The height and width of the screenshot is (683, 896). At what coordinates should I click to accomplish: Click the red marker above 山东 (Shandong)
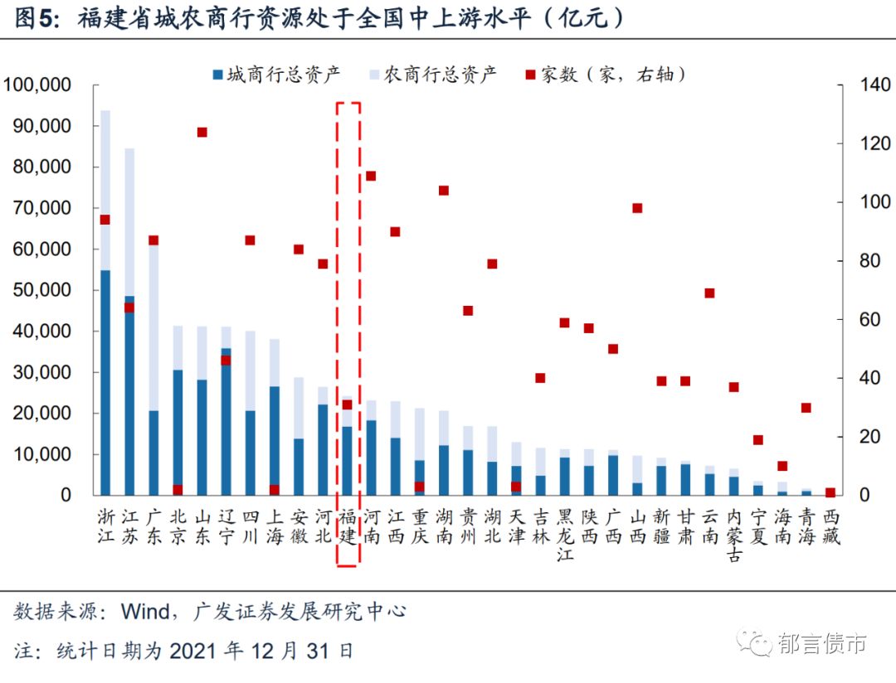coord(202,132)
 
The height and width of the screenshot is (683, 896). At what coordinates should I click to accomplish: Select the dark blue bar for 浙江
coord(105,381)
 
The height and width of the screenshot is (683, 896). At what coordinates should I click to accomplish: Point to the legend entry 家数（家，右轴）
coord(606,75)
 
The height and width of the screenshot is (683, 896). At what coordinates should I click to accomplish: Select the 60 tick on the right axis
coord(866,320)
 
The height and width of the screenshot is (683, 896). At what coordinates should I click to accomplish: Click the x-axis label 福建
coord(348,526)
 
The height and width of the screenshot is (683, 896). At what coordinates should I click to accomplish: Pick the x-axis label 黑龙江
coord(565,535)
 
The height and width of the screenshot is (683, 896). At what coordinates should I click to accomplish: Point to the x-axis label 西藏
coord(830,526)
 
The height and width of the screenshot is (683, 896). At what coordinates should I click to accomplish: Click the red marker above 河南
coord(371,176)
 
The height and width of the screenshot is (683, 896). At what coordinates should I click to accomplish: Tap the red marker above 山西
coord(637,208)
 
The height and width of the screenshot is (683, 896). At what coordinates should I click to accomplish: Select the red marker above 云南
coord(709,293)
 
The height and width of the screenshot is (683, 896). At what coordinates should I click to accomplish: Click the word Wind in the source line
coord(147,612)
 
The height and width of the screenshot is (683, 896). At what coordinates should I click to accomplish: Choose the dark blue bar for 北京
coord(178,432)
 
